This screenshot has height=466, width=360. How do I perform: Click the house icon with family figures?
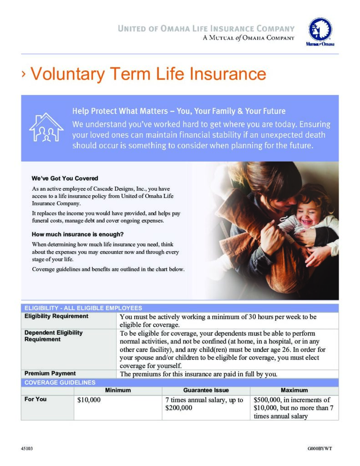46,127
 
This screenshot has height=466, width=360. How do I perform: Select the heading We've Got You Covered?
65,178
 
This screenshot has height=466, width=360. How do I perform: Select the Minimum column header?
118,390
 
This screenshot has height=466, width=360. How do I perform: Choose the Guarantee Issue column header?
206,390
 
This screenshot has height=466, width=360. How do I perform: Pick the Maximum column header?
294,390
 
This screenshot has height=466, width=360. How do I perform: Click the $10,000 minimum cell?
89,400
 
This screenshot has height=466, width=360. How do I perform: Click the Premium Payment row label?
50,374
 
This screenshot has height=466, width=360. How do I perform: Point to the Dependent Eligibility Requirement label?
53,336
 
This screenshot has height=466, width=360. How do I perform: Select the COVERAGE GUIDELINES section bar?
60,382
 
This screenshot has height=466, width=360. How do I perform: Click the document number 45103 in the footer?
27,449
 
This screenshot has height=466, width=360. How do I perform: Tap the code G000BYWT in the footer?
320,449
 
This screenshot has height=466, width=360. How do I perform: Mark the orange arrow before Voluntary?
24,74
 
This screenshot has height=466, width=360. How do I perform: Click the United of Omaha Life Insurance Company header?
206,29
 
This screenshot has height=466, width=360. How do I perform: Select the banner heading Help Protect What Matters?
179,111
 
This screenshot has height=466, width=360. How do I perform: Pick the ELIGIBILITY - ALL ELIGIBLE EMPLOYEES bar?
83,308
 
